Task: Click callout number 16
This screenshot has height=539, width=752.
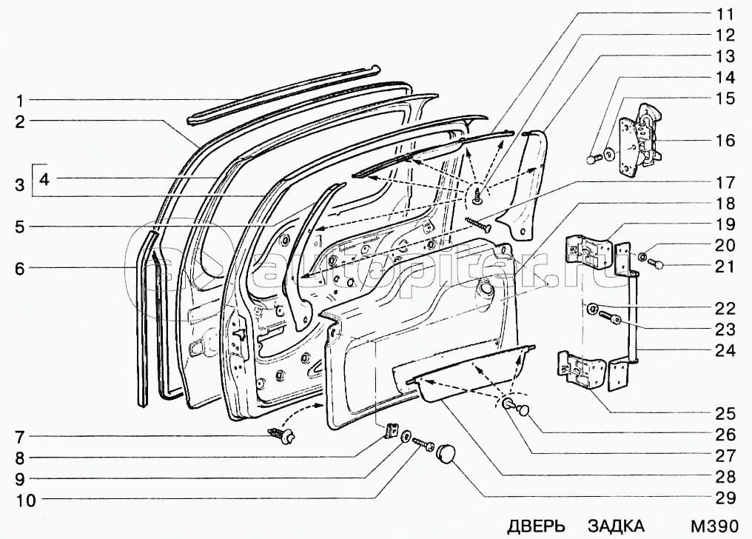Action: [x=725, y=140]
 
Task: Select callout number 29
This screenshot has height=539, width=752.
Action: [x=725, y=497]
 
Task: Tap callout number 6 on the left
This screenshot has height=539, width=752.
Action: [x=21, y=268]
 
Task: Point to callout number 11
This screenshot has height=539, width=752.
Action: [x=725, y=14]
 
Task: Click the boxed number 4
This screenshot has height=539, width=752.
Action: [x=44, y=178]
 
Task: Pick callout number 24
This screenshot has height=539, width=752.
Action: [x=725, y=350]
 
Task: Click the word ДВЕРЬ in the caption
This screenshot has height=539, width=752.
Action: [x=536, y=526]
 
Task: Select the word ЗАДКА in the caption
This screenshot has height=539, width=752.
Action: [x=616, y=526]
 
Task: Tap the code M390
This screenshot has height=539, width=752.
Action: [x=714, y=526]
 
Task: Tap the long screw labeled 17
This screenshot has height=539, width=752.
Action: [x=478, y=222]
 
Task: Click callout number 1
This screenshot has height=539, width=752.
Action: [x=21, y=100]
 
